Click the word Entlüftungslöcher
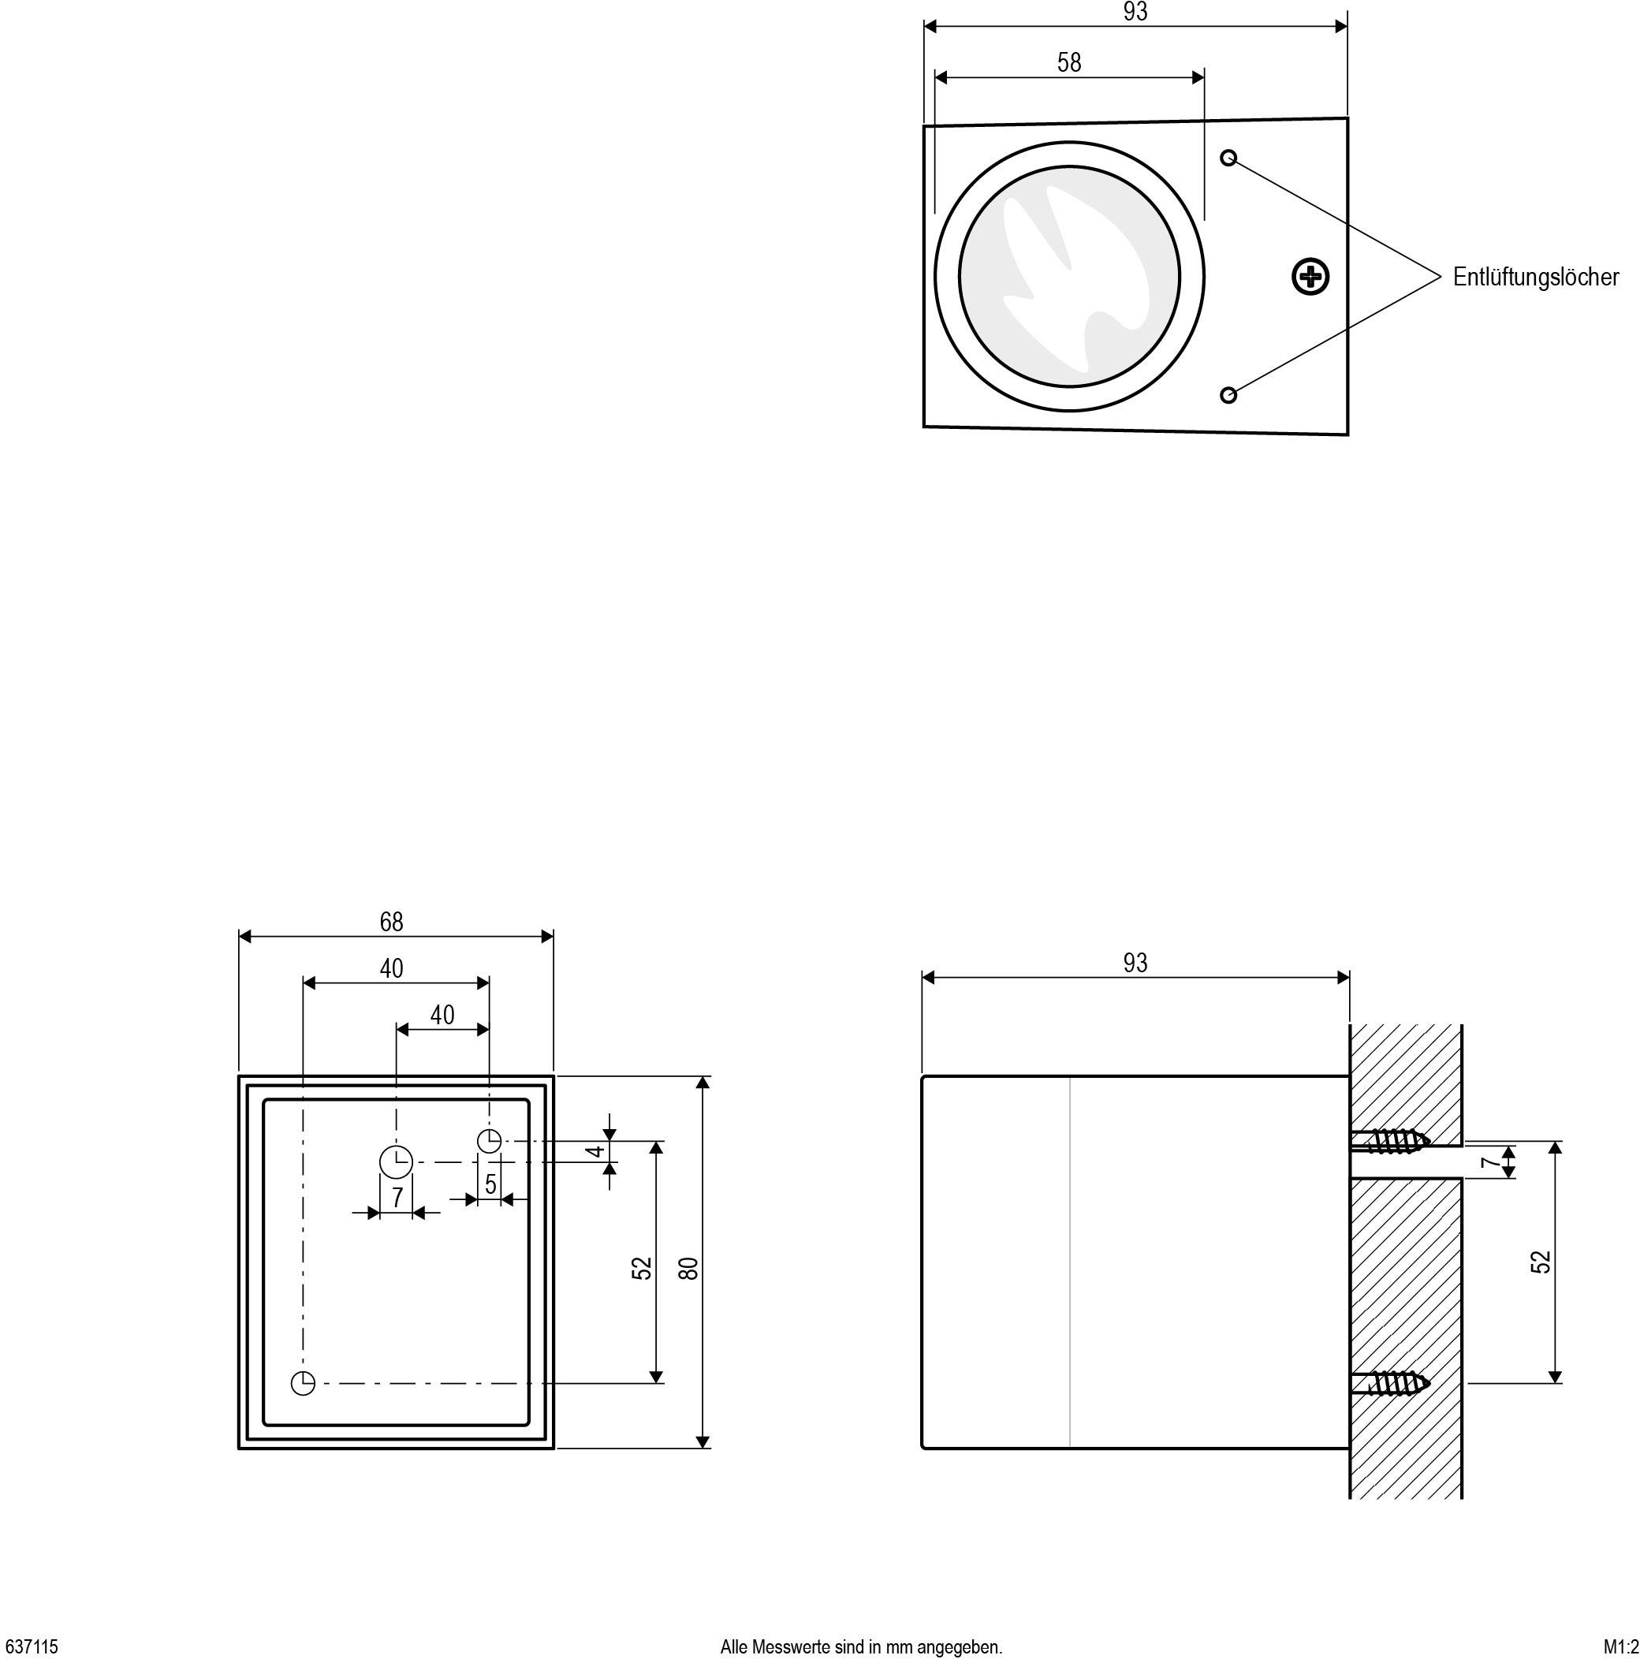coord(1534,278)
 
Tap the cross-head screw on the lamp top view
coord(1310,277)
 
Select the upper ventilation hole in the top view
coord(1228,158)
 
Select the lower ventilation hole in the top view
coord(1228,395)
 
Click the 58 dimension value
coord(1068,62)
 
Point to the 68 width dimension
coord(390,923)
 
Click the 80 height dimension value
coord(688,1268)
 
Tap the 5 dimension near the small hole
coord(490,1184)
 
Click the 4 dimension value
coord(597,1151)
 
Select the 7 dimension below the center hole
coord(396,1198)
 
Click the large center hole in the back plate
coord(396,1161)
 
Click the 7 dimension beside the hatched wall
coord(1491,1163)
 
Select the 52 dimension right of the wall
coord(1541,1262)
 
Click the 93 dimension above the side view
coord(1135,964)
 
